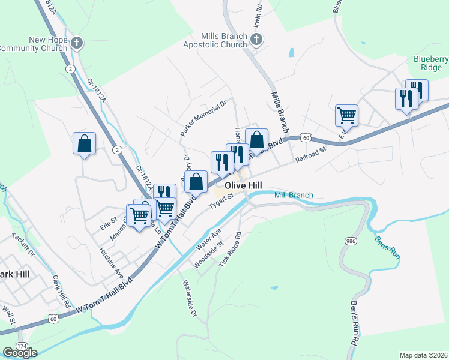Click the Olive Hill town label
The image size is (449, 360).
pyautogui.click(x=243, y=187)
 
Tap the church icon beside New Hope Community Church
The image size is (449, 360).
pyautogui.click(x=76, y=43)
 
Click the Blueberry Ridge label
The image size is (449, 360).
pyautogui.click(x=431, y=63)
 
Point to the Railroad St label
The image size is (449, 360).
pyautogui.click(x=310, y=155)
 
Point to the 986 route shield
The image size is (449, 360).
pyautogui.click(x=351, y=241)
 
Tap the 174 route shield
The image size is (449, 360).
pyautogui.click(x=22, y=346)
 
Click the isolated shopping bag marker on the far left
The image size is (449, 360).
pyautogui.click(x=84, y=143)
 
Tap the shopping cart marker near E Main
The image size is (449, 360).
pyautogui.click(x=346, y=114)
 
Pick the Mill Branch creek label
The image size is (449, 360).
pyautogui.click(x=294, y=195)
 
